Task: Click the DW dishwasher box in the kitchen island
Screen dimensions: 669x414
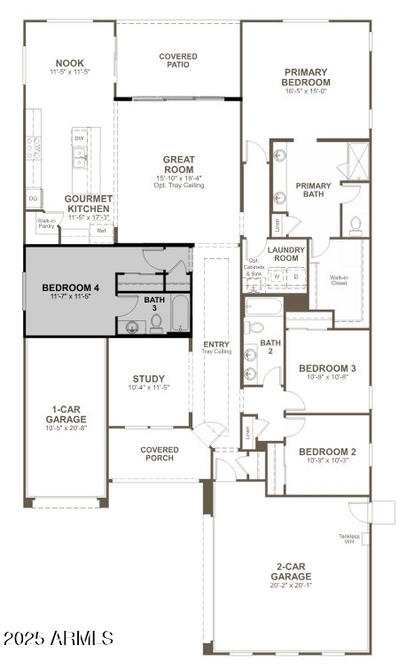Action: click(x=80, y=139)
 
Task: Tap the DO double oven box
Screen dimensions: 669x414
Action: click(x=34, y=198)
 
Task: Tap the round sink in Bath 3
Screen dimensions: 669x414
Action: click(x=132, y=327)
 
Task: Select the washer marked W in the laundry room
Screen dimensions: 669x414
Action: click(x=277, y=277)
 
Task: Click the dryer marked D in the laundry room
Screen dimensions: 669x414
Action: click(x=295, y=277)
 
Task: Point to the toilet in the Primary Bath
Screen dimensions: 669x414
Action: click(x=355, y=224)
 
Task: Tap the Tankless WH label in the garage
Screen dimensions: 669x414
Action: click(x=348, y=539)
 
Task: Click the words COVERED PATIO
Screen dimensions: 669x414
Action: click(x=178, y=60)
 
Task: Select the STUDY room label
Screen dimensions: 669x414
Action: click(x=148, y=378)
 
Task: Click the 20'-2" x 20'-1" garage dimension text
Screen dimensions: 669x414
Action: click(x=291, y=586)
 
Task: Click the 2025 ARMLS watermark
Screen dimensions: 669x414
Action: click(x=59, y=638)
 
